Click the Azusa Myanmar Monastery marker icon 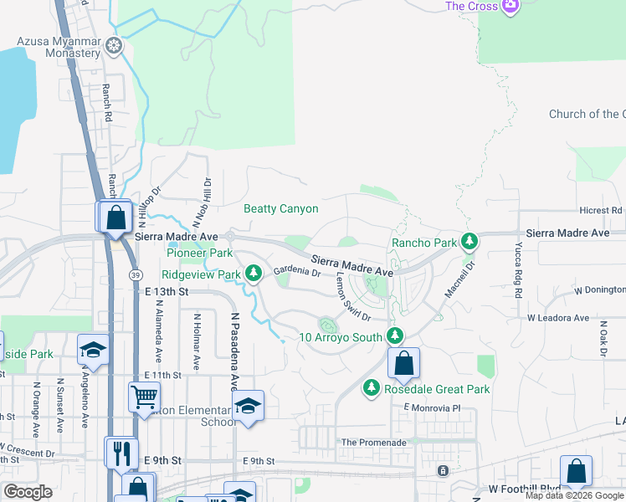click(x=114, y=46)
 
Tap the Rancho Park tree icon click(x=469, y=243)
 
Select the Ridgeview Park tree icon click(x=252, y=274)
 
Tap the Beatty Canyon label click(x=280, y=208)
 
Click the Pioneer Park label click(x=199, y=253)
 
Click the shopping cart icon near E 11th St click(x=144, y=396)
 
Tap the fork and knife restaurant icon click(x=121, y=453)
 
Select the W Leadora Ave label click(x=559, y=319)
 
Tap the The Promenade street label click(x=373, y=442)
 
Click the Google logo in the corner click(x=28, y=492)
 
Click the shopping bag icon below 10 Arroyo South click(x=403, y=363)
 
